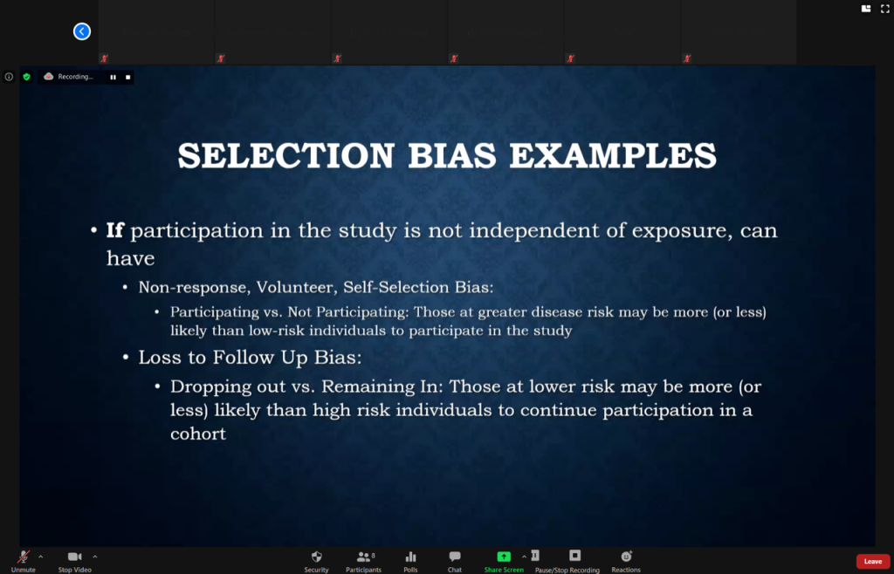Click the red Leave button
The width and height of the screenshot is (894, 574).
(x=872, y=562)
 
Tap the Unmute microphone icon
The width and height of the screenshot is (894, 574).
(x=24, y=557)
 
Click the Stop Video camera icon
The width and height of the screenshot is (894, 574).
(x=75, y=557)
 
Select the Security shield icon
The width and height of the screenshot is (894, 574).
(x=316, y=557)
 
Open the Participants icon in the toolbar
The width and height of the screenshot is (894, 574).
(x=363, y=557)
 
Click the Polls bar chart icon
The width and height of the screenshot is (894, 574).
(x=410, y=557)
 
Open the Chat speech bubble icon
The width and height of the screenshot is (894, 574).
(x=454, y=557)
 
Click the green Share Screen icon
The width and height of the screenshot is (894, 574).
(x=504, y=557)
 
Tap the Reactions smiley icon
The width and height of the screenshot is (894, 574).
(x=626, y=557)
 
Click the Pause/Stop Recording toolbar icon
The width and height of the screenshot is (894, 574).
(x=574, y=555)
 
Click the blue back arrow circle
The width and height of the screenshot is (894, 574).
(x=82, y=31)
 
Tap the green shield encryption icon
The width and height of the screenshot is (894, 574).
(x=26, y=76)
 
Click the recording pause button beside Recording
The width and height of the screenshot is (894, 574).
(x=113, y=77)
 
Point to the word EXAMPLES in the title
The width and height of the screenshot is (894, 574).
(x=613, y=155)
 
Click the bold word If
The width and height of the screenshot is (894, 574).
(x=114, y=230)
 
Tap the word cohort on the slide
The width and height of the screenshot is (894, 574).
(x=198, y=434)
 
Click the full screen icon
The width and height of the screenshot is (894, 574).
(x=885, y=9)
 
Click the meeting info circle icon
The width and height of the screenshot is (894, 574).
(x=9, y=76)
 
